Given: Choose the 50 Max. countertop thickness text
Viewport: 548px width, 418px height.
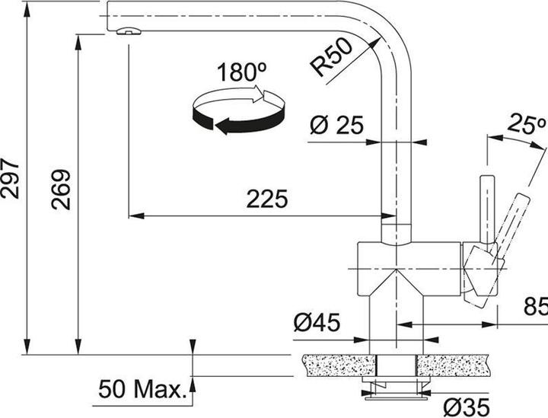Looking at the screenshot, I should pos(142,391).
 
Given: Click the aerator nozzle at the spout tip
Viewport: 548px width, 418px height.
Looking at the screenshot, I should pos(128,31).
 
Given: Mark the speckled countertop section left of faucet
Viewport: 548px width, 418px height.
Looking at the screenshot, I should pos(335,365).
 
